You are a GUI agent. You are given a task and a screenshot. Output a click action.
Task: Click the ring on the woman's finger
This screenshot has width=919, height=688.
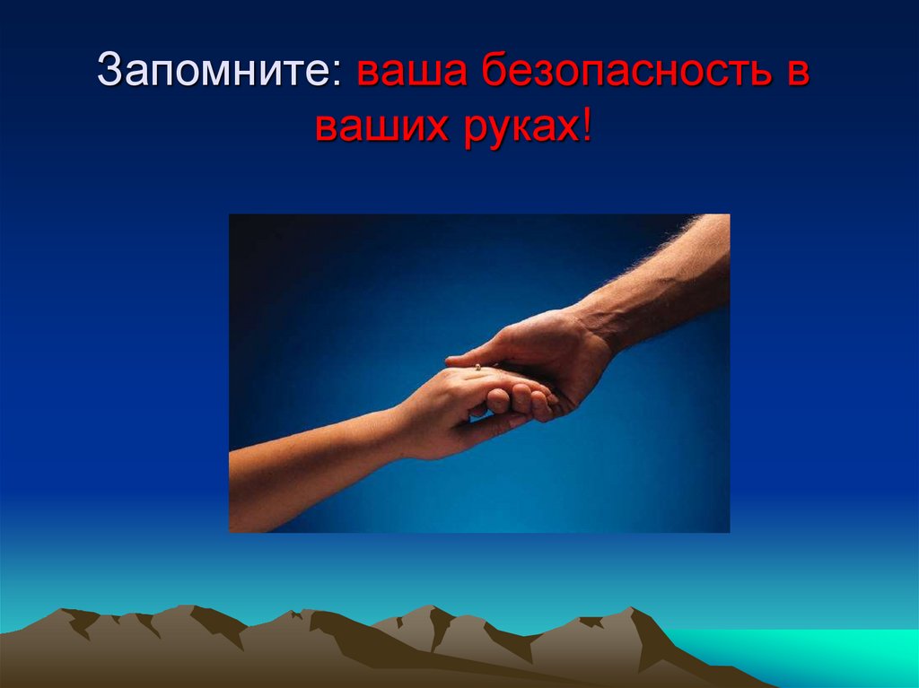(x=477, y=366)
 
